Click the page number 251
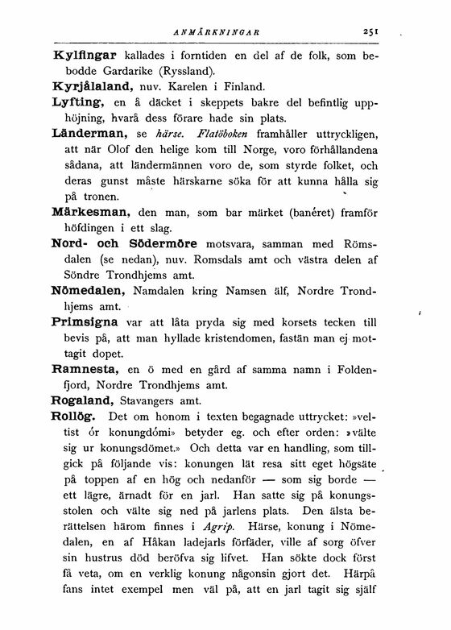pos(371,33)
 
